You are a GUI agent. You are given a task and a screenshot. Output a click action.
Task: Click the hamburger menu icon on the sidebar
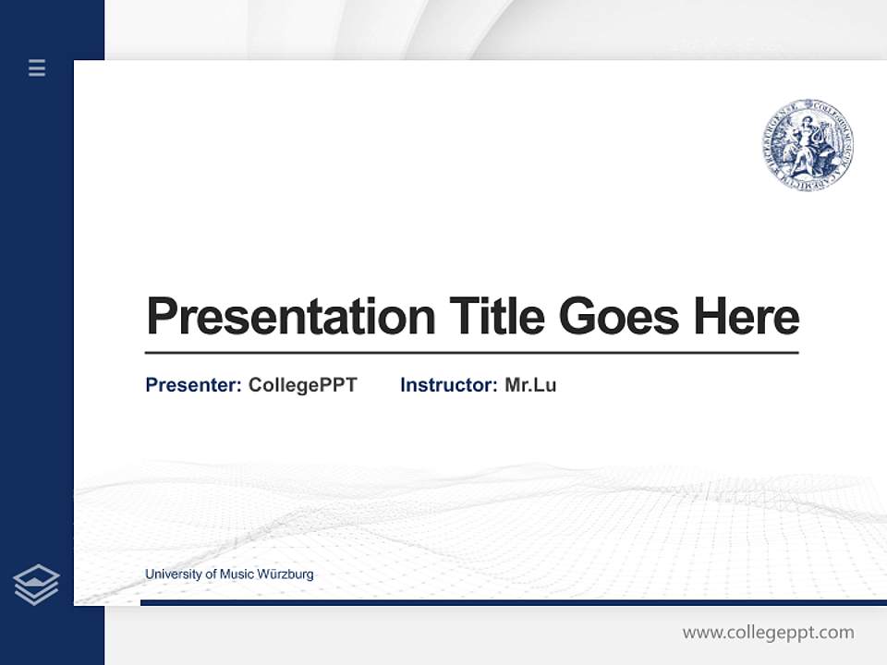pyautogui.click(x=37, y=67)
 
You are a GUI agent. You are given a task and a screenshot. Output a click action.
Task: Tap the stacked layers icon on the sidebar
pyautogui.click(x=36, y=585)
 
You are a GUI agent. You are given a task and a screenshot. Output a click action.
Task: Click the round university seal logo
pyautogui.click(x=808, y=147)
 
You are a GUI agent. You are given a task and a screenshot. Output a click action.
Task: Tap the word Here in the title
pyautogui.click(x=747, y=316)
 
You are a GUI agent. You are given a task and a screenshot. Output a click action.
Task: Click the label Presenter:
pyautogui.click(x=193, y=385)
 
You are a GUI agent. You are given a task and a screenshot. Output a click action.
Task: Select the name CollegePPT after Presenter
pyautogui.click(x=302, y=385)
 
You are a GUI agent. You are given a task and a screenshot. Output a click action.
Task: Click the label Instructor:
pyautogui.click(x=448, y=385)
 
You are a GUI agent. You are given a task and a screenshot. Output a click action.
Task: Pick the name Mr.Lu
pyautogui.click(x=530, y=385)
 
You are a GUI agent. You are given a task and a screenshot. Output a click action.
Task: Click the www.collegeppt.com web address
pyautogui.click(x=768, y=633)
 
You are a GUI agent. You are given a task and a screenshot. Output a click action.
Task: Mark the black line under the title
pyautogui.click(x=471, y=353)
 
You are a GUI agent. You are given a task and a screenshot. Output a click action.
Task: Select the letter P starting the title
pyautogui.click(x=161, y=316)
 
